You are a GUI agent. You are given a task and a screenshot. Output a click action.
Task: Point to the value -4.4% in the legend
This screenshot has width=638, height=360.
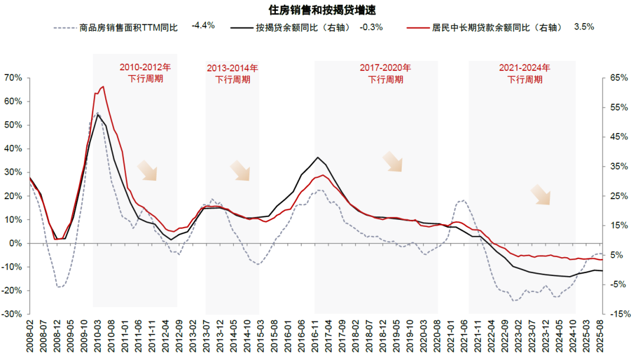(x=203, y=26)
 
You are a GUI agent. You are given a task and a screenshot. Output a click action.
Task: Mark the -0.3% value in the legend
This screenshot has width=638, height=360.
(x=372, y=27)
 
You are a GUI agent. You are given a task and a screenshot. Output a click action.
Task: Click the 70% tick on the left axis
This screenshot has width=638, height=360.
(x=13, y=78)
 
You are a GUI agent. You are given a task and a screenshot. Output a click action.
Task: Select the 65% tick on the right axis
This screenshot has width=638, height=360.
(x=617, y=78)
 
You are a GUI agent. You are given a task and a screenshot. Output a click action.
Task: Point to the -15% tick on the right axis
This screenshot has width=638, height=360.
(x=618, y=314)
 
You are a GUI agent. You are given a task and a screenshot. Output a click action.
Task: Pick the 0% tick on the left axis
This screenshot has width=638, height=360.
(x=16, y=244)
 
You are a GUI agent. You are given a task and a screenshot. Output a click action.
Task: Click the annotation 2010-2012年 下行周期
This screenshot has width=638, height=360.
(x=145, y=73)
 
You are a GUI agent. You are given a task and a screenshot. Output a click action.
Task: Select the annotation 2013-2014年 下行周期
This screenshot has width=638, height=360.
(x=232, y=74)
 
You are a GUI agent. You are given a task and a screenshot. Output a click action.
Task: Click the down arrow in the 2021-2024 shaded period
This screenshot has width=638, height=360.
(x=540, y=194)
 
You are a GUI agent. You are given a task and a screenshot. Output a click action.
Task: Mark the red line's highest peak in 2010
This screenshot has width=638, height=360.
(x=103, y=86)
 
